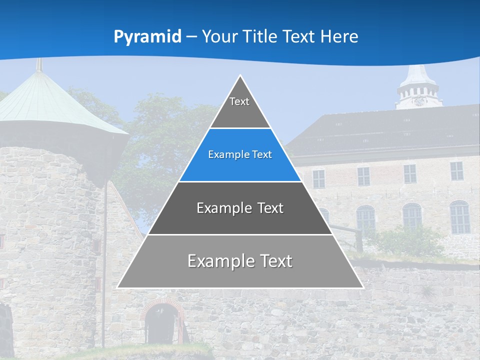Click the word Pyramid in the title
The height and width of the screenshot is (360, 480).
coord(147,37)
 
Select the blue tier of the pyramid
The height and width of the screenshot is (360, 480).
coord(240,155)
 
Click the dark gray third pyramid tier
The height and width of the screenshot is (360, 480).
coord(240,208)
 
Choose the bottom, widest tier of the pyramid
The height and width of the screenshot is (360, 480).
coord(240,261)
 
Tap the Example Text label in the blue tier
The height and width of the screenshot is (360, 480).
coord(240,155)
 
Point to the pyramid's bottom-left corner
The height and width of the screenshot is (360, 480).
coord(117,287)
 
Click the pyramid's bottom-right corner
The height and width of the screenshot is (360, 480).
coord(363,287)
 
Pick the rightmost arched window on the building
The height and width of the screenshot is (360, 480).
coord(459,217)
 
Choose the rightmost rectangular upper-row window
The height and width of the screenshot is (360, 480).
coord(456,171)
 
